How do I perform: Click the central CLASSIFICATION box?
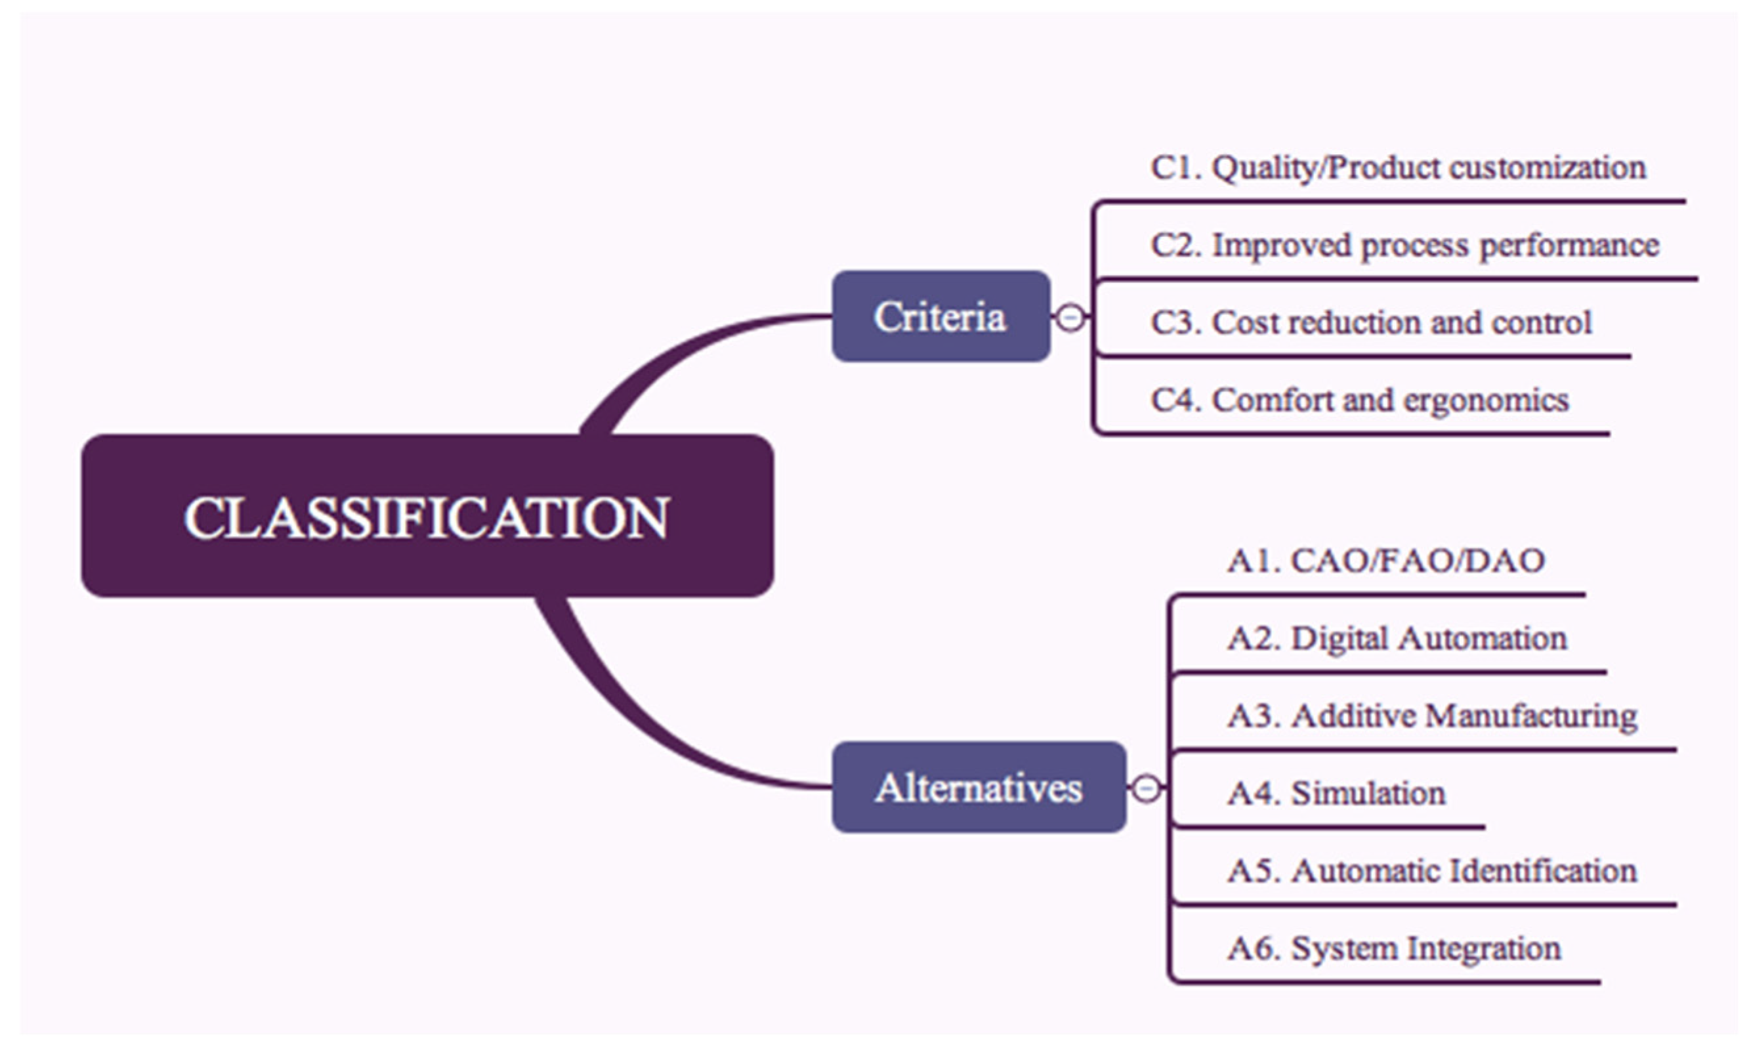tap(427, 516)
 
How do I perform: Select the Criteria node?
tap(940, 316)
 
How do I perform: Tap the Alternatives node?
tap(979, 787)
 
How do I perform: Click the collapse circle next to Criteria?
tap(1070, 318)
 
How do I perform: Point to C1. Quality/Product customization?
tap(1397, 168)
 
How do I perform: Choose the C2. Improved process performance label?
tap(1405, 246)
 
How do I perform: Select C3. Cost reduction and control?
tap(1370, 323)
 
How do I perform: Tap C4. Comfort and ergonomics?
tap(1359, 400)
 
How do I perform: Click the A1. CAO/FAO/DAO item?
tap(1386, 561)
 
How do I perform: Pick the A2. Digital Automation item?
tap(1397, 639)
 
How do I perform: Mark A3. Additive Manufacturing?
tap(1432, 716)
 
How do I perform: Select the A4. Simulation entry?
tap(1336, 794)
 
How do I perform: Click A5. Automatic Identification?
tap(1432, 871)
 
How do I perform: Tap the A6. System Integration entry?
tap(1394, 949)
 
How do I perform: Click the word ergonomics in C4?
tap(1486, 400)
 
